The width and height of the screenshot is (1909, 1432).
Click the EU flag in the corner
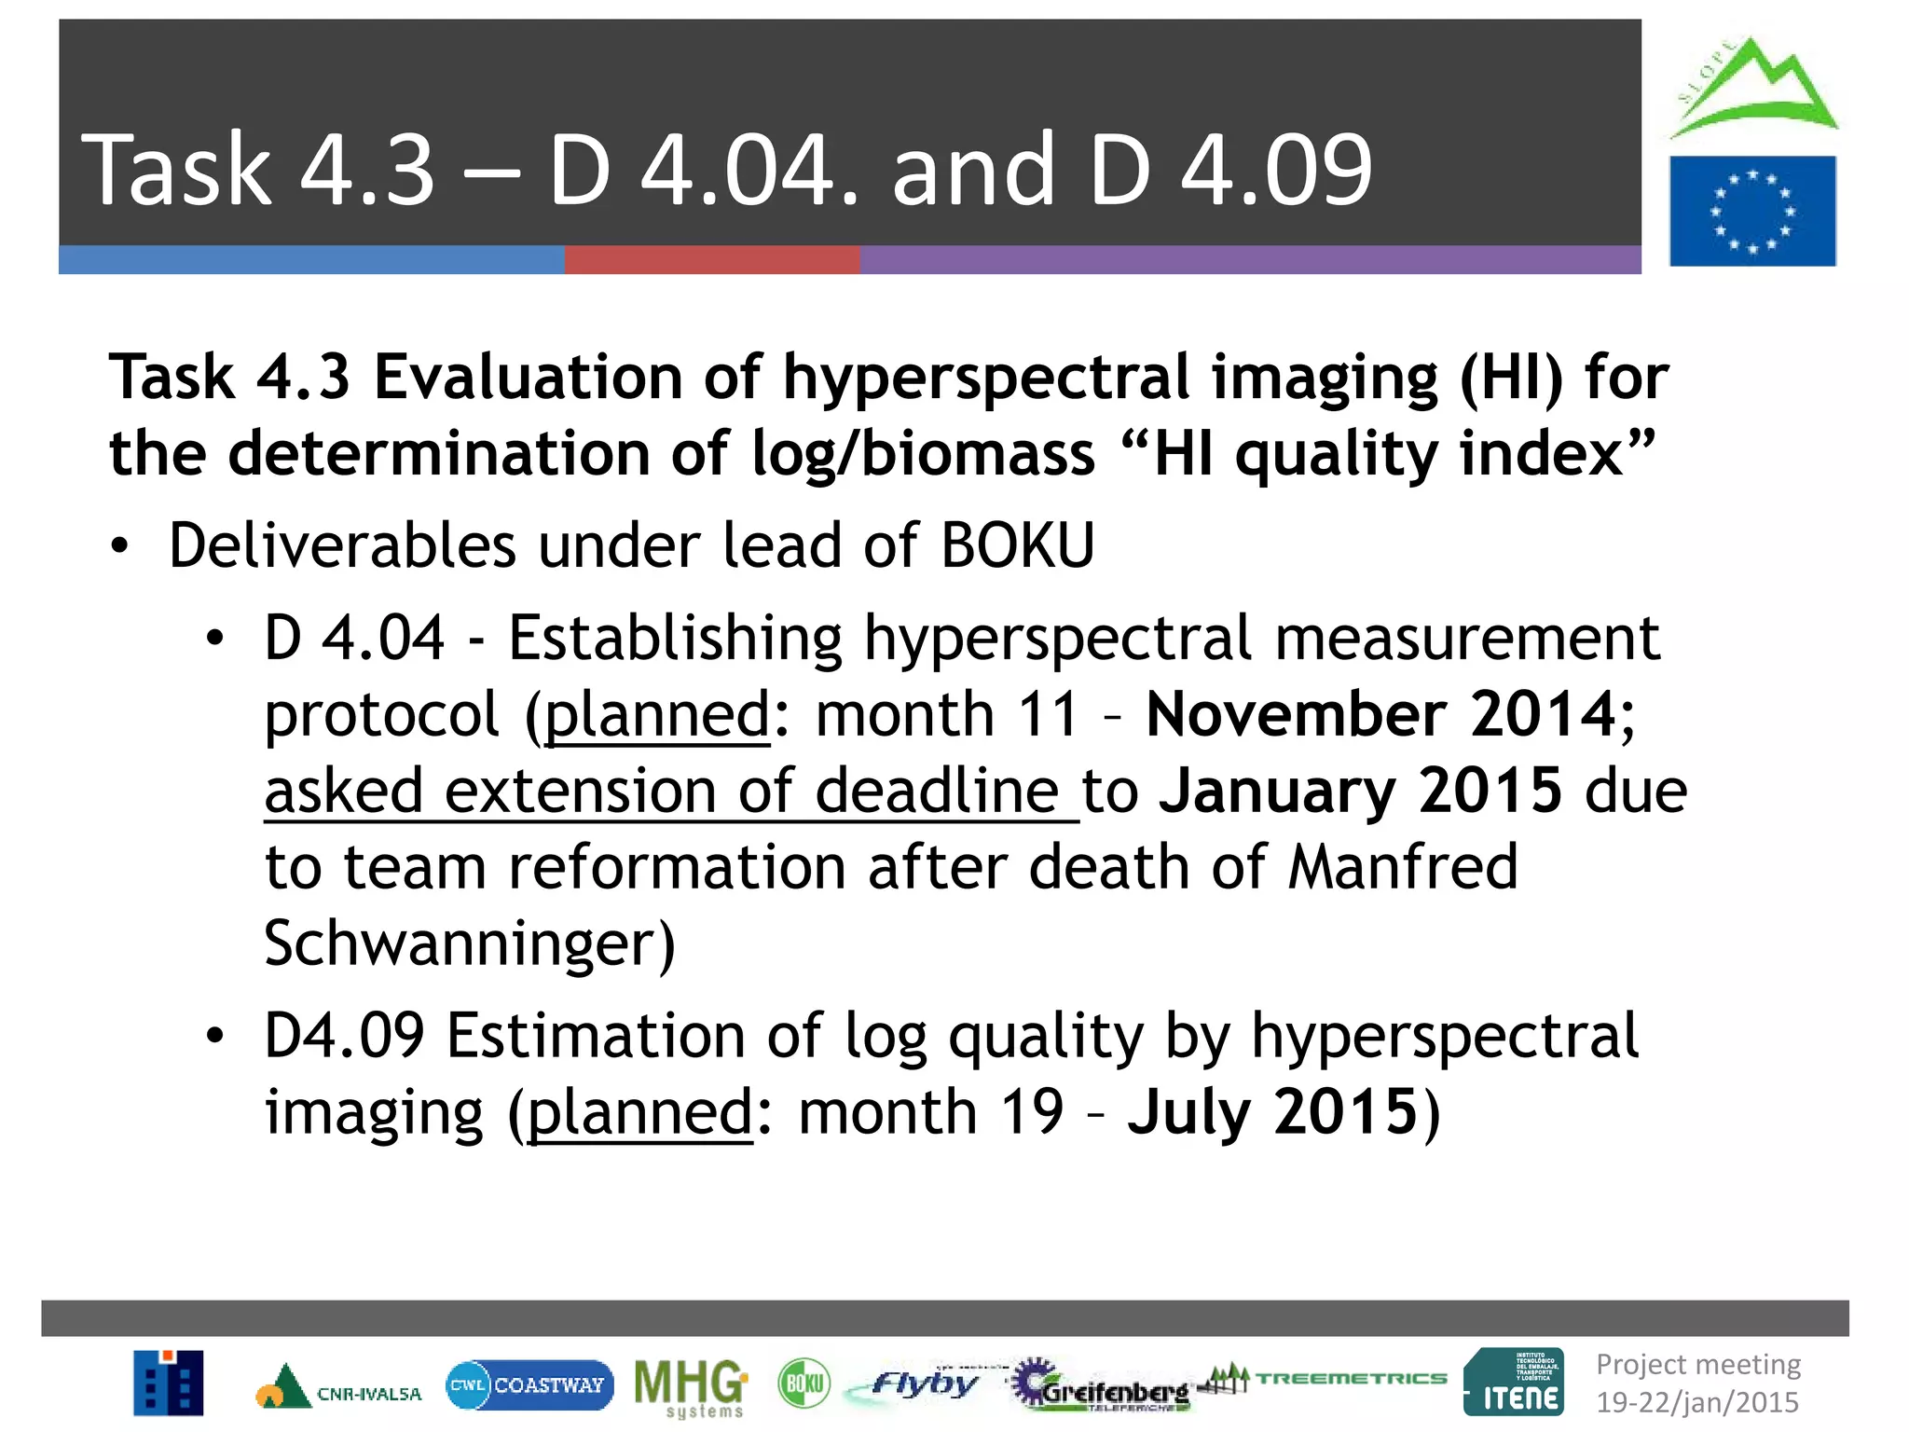(x=1752, y=212)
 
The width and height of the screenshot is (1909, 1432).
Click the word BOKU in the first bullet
(x=1017, y=545)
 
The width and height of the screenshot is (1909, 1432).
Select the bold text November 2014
(x=1390, y=715)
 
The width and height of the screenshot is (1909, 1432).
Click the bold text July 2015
(x=1273, y=1112)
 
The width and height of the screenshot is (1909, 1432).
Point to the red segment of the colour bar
(x=711, y=260)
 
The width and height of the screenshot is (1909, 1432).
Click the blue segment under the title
(x=310, y=260)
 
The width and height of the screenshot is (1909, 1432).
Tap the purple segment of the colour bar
(x=1249, y=260)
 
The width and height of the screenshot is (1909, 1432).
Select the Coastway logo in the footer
(x=529, y=1384)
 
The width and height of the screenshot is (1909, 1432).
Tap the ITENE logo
(x=1514, y=1383)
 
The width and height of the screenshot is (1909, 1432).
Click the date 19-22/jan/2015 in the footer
(x=1696, y=1402)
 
